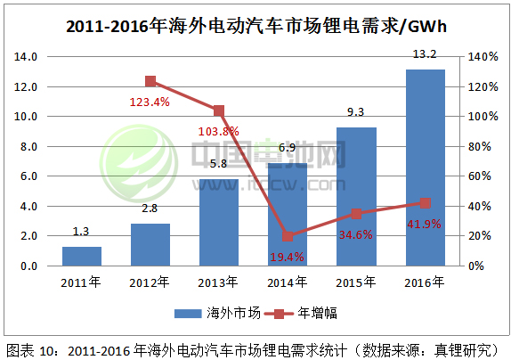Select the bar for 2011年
[x=81, y=256]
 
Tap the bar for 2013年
[x=219, y=222]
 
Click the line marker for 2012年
[x=150, y=81]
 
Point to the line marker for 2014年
[x=288, y=236]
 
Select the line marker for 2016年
[x=425, y=203]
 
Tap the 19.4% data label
[x=287, y=257]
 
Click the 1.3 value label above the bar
[x=81, y=231]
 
